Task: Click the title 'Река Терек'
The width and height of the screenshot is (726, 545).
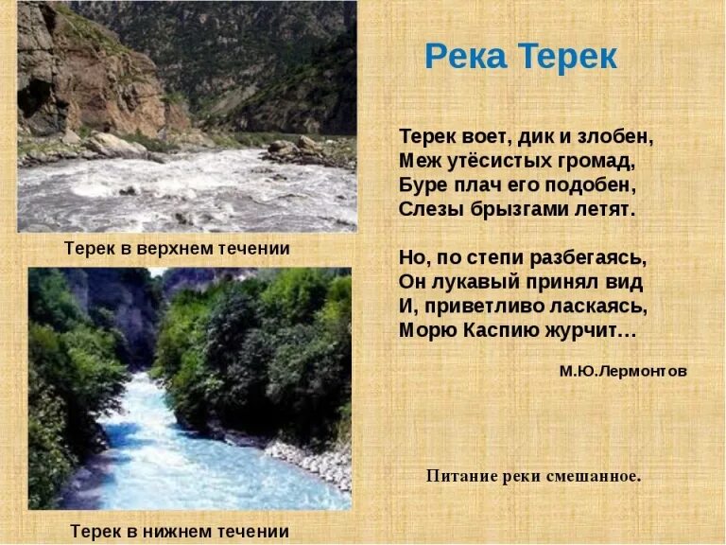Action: [x=520, y=57]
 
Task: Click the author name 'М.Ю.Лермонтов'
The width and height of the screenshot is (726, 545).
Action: [x=623, y=371]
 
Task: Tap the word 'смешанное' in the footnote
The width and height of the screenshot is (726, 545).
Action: [x=593, y=476]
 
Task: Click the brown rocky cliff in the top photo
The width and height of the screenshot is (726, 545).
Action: [x=95, y=76]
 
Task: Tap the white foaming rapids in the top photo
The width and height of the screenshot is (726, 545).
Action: [x=170, y=189]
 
